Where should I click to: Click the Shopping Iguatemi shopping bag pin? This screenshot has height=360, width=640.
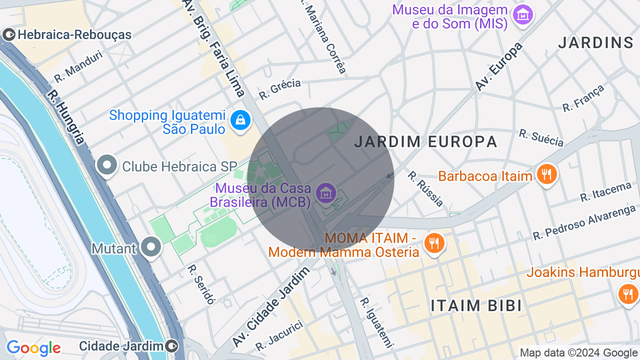[x=240, y=120]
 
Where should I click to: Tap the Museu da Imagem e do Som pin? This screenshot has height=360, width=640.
[x=523, y=15]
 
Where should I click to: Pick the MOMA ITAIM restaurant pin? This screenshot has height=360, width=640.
[x=433, y=243]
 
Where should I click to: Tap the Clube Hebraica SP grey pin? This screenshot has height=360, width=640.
[x=106, y=165]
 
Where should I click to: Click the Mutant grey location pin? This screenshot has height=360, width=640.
[x=150, y=247]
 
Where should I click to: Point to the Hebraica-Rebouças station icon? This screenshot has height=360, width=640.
[x=9, y=34]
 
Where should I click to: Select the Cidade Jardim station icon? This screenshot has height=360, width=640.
[x=172, y=345]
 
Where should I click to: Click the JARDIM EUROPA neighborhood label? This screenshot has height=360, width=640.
[x=425, y=142]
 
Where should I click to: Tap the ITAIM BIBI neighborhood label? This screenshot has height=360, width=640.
[x=476, y=305]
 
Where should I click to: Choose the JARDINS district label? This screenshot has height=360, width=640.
[x=595, y=43]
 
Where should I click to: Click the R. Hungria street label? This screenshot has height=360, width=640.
[x=66, y=117]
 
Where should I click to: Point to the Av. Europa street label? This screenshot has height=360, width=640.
[x=498, y=66]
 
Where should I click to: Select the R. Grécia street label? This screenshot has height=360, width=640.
[x=280, y=88]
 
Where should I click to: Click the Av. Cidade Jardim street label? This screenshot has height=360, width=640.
[x=271, y=306]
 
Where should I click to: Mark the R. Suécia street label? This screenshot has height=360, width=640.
[x=541, y=138]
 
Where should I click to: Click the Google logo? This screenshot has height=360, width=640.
[x=33, y=348]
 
